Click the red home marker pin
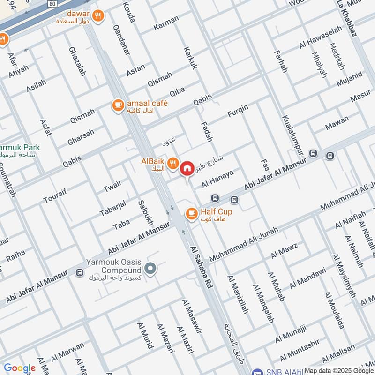187,168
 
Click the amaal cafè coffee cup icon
118,105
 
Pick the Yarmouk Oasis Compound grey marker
150,269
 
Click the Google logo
20,368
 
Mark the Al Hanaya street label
217,179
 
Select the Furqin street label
237,111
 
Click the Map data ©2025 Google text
338,370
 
